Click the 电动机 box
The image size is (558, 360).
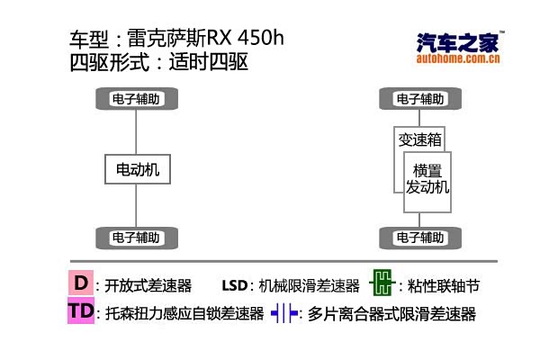[136, 168]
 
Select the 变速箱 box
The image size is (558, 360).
[419, 139]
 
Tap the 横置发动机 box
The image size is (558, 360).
[427, 179]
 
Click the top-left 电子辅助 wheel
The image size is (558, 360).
[136, 99]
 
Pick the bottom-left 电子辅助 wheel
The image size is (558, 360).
[136, 238]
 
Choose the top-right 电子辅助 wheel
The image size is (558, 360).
[419, 99]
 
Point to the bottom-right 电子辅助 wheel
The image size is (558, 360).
[419, 238]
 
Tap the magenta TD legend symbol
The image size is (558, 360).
[81, 312]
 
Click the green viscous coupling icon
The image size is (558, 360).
[382, 284]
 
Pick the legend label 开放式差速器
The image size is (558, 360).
[148, 286]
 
